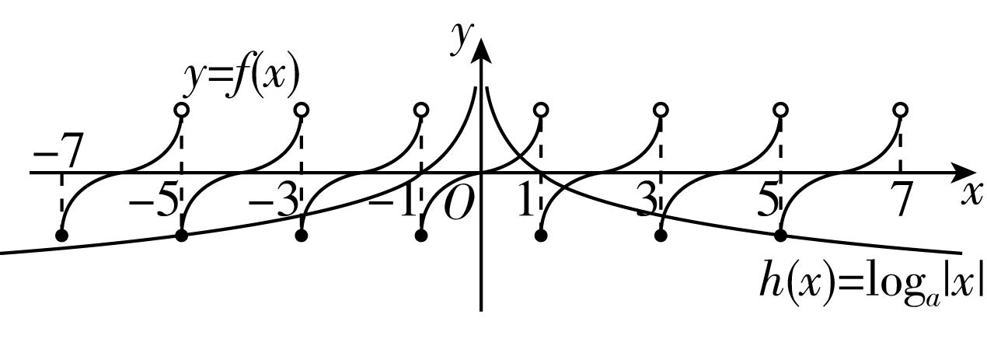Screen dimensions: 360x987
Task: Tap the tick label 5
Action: [x=768, y=202]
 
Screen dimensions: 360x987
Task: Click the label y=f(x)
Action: [x=242, y=78]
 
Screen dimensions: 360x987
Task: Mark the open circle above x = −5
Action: [x=182, y=110]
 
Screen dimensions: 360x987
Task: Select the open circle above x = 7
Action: [x=900, y=110]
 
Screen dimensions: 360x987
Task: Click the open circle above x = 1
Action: [x=542, y=110]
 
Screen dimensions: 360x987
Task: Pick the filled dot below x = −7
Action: [x=62, y=235]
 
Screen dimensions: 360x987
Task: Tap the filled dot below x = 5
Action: [x=781, y=235]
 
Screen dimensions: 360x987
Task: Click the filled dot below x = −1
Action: [x=422, y=235]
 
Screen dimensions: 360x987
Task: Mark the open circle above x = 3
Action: [x=661, y=110]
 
